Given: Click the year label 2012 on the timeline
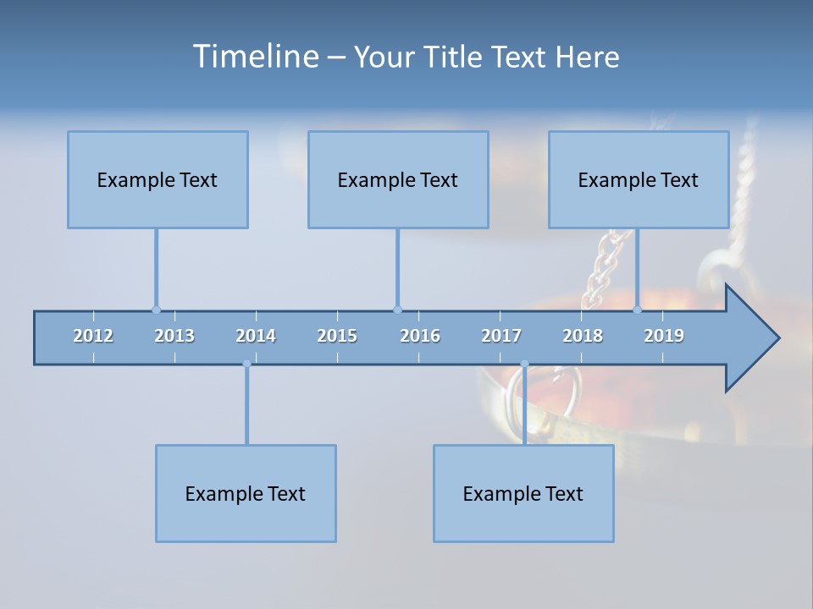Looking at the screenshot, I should pos(93,336).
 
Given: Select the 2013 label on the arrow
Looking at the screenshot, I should pos(174,336).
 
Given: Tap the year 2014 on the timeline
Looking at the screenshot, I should pos(256,336).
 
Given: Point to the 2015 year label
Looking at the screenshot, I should pos(337,336).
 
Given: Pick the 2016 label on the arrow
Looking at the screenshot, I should pos(420,336).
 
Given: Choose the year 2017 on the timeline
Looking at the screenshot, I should pos(501,336).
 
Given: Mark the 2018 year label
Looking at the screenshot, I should pos(583,336).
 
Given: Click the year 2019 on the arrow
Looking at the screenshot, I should pos(664,336).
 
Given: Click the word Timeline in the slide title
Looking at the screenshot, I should pos(255,57).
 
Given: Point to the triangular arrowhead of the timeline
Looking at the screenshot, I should pos(750,338).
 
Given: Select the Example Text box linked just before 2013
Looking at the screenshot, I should pos(158,179).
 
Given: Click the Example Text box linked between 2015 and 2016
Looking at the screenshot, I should pos(398,179).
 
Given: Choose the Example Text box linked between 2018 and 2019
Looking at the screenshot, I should pos(639,179).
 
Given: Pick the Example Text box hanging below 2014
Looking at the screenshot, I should pos(246,493).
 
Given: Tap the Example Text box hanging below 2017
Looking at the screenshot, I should pos(523,493).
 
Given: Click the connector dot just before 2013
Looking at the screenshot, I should pos(156,310).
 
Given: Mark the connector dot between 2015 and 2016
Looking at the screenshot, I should pos(397,310).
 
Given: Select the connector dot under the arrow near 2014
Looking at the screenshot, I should pos(246,365).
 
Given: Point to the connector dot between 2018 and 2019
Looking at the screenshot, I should pos(638,310).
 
